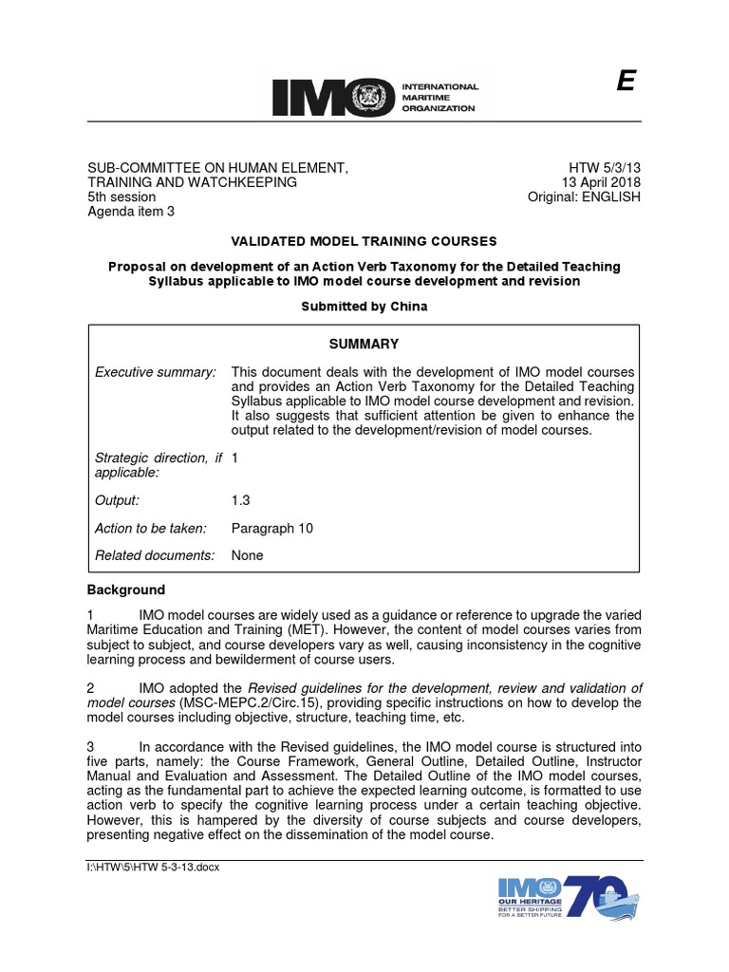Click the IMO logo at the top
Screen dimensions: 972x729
coord(375,98)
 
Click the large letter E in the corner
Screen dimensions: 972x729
coord(625,84)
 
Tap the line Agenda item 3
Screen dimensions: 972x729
coord(131,212)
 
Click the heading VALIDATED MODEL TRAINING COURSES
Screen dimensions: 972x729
coord(364,242)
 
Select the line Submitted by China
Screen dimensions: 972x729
coord(364,307)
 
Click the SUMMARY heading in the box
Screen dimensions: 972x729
coord(364,344)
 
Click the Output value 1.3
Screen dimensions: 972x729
coord(242,499)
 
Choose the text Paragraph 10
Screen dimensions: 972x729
coord(272,528)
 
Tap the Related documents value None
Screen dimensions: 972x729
coord(248,555)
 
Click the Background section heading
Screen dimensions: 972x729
coord(126,589)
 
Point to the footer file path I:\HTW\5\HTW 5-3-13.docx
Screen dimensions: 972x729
coord(153,868)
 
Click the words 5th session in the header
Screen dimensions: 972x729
coord(121,196)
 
